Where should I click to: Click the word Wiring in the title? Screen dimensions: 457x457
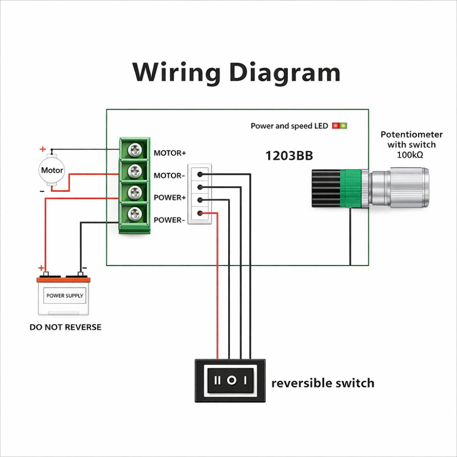[176, 73]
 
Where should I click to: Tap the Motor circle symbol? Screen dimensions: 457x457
[52, 170]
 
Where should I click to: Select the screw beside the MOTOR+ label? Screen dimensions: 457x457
[135, 149]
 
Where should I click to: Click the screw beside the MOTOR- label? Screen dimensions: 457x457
[135, 171]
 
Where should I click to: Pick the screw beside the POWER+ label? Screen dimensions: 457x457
[135, 192]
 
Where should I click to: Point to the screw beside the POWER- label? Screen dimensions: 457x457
[135, 213]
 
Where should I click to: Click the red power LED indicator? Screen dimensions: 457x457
[336, 125]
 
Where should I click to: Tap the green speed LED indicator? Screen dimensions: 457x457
[343, 125]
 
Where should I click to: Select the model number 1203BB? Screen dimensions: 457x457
[289, 156]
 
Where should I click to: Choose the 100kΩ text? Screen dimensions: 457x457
[411, 154]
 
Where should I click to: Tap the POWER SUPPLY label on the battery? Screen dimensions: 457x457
[65, 296]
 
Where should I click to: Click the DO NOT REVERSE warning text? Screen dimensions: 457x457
[65, 327]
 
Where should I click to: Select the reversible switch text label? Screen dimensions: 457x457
[323, 383]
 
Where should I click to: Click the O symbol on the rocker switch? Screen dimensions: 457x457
[232, 380]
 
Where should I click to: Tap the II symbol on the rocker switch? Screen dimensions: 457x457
[218, 380]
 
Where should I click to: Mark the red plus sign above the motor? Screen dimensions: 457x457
[43, 149]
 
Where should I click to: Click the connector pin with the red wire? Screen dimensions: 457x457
[200, 213]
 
